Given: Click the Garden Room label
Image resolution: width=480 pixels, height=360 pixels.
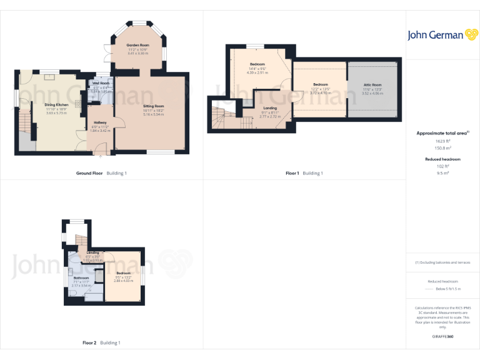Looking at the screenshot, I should point(137,46).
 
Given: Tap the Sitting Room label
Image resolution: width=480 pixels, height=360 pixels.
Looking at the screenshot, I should point(153,106).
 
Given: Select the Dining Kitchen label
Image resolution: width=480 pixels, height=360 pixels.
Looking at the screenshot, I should point(56,104).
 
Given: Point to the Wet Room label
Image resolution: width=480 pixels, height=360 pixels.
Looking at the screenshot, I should point(101,83).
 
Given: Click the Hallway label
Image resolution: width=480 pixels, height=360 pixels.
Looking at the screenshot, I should point(100,122).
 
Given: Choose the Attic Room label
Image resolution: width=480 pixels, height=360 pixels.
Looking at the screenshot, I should point(372,84).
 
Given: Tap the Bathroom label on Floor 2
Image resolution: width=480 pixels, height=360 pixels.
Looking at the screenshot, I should point(82,277).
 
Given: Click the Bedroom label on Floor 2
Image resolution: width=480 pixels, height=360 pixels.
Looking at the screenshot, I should point(123,273).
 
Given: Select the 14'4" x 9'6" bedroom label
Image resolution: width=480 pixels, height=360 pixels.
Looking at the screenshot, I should point(257,64).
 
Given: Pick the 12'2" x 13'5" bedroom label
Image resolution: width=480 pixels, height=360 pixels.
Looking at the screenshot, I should point(321,84).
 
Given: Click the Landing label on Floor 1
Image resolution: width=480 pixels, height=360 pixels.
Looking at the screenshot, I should point(269,108).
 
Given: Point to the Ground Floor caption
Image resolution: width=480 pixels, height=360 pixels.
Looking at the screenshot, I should point(89,172).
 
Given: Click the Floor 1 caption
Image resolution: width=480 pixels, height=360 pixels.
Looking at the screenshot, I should point(292,172).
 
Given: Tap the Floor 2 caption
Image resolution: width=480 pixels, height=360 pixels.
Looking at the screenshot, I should point(89,342).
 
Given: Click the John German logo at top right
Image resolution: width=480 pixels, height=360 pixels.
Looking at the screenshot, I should point(442,35).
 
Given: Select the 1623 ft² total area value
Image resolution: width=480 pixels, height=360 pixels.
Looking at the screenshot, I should point(443,142).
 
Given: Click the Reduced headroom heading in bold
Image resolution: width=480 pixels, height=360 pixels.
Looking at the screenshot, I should point(443,159).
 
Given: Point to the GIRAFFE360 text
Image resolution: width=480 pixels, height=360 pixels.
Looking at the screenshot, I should point(443,337).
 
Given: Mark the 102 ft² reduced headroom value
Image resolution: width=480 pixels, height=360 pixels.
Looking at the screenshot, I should point(443,167).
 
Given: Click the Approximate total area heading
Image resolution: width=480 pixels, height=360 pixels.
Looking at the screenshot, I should point(442,133).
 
